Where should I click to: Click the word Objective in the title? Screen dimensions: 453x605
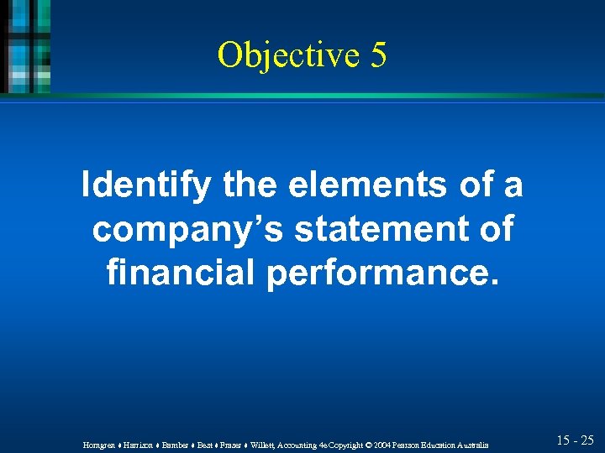286,55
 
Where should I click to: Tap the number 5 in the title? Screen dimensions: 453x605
377,55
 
